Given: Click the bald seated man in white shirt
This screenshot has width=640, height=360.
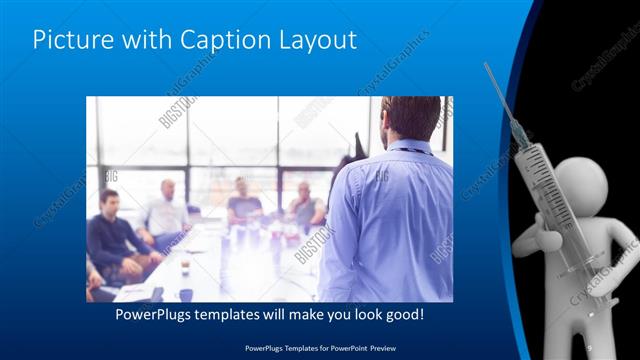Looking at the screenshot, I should pyautogui.click(x=166, y=210).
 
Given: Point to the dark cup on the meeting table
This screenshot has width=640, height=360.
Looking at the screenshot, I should pyautogui.click(x=186, y=294).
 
